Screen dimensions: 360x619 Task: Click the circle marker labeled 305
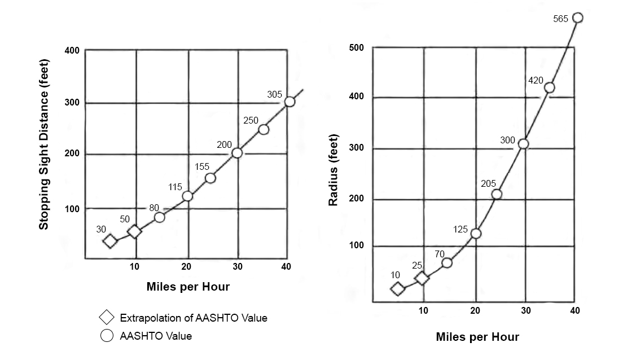click(x=289, y=102)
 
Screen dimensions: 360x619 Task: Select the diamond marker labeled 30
click(x=110, y=241)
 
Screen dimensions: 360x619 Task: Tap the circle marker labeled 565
click(x=577, y=17)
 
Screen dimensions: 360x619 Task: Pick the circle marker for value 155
click(x=210, y=178)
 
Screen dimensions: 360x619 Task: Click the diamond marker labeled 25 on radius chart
click(x=422, y=278)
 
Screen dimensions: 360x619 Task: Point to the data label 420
click(x=535, y=81)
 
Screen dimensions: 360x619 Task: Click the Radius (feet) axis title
click(x=333, y=169)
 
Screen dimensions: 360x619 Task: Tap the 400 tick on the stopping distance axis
click(x=72, y=51)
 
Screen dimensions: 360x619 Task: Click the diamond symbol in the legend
click(x=107, y=318)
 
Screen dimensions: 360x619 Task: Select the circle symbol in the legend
click(x=107, y=336)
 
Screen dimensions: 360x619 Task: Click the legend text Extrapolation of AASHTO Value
click(x=194, y=318)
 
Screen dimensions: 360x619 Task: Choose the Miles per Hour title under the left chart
click(x=188, y=287)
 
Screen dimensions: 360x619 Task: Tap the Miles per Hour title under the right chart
click(x=477, y=337)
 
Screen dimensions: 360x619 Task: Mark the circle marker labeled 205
click(x=497, y=194)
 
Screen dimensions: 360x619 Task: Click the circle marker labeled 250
click(x=264, y=130)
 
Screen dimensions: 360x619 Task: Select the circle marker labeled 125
click(x=476, y=234)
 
